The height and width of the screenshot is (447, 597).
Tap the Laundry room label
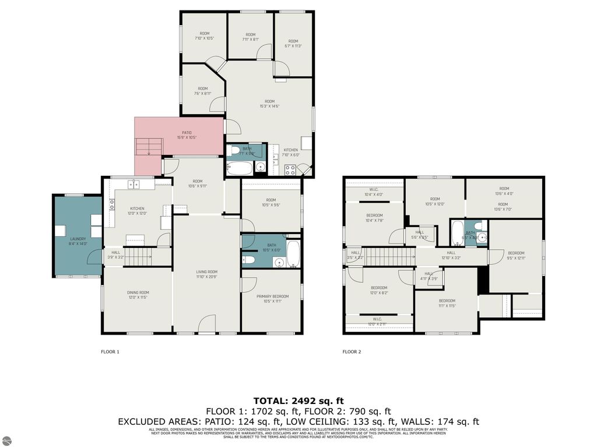coord(78,241)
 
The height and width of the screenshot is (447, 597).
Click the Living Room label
coord(206,274)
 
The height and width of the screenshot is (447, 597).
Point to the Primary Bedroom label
coord(272,299)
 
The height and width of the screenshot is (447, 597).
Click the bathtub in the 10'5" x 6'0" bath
coord(293,255)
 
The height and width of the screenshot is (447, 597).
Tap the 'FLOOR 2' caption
coord(352,352)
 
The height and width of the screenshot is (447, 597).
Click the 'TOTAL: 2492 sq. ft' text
coord(298,400)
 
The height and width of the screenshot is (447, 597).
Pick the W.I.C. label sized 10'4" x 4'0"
coord(374,191)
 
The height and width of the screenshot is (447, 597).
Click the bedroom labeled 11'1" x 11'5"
coord(447,303)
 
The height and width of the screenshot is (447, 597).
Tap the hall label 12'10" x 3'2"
coord(451,255)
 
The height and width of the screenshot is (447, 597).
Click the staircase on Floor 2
coord(388,256)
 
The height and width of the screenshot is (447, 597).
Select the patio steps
coord(149,146)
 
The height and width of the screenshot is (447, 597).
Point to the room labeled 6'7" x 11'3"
coord(293,44)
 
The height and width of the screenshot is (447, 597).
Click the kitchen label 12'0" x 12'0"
coord(137,211)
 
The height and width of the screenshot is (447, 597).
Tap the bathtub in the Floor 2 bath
coord(457,232)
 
